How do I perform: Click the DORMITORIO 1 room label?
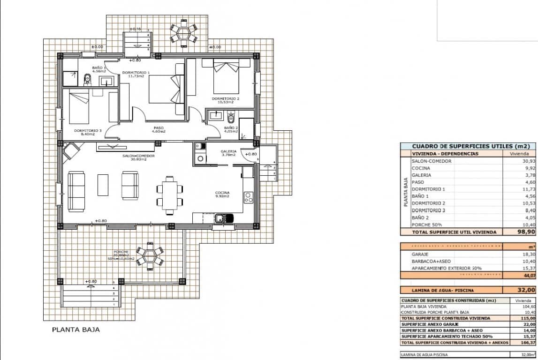pyautogui.click(x=136, y=73)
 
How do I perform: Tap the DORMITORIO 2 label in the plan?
pyautogui.click(x=226, y=98)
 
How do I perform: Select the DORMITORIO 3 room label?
pyautogui.click(x=88, y=131)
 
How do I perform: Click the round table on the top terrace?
pyautogui.click(x=182, y=33)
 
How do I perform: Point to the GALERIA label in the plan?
pyautogui.click(x=228, y=151)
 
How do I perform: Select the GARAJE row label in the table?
pyautogui.click(x=421, y=254)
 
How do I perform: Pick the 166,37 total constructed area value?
pyautogui.click(x=525, y=343)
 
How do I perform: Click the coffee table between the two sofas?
pyautogui.click(x=103, y=185)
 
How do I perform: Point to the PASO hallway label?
pyautogui.click(x=159, y=127)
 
